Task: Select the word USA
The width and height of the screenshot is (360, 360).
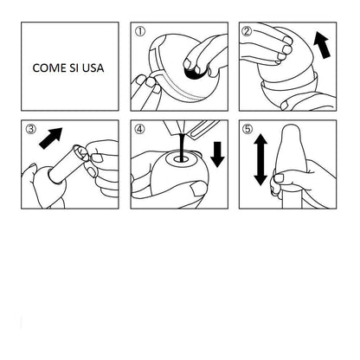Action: click(x=93, y=68)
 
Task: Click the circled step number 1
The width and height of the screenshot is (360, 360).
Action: click(x=140, y=31)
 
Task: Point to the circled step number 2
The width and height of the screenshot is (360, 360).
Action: click(x=247, y=31)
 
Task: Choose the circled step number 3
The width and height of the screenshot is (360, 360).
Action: click(x=31, y=129)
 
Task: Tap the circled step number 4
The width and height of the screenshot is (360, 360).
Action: click(x=140, y=129)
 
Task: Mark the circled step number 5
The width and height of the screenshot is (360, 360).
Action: click(x=247, y=129)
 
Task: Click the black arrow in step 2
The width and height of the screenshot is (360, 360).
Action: click(x=322, y=45)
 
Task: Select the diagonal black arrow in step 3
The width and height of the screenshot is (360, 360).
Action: click(x=51, y=138)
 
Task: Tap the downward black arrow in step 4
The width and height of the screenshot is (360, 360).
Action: click(x=217, y=154)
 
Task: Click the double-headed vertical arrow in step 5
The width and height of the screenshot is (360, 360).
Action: click(x=260, y=159)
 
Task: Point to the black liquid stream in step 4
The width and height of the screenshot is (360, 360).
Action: click(x=182, y=147)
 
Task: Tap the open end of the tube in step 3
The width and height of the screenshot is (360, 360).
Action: click(x=80, y=152)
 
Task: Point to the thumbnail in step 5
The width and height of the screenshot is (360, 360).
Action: click(x=279, y=177)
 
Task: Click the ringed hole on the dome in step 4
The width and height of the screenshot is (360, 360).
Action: click(x=181, y=159)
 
